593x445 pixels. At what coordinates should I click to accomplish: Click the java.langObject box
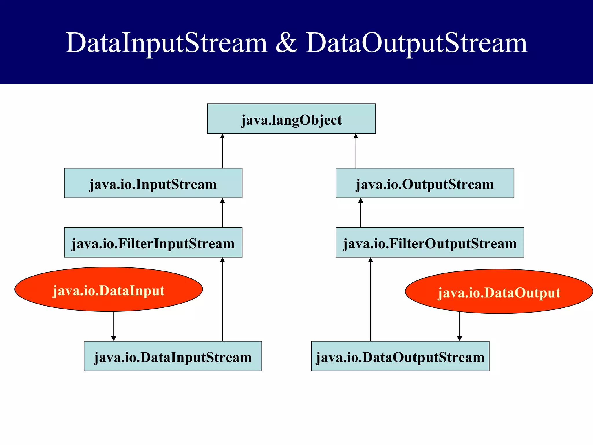(291, 119)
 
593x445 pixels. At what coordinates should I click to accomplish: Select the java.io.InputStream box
(153, 183)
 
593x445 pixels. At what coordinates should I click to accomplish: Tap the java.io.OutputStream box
(425, 183)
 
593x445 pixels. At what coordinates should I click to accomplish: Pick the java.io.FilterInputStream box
(153, 242)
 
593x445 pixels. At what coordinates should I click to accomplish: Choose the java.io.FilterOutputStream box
(430, 242)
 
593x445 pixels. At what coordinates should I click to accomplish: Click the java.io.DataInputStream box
(173, 356)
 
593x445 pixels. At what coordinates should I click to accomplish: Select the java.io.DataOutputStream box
(400, 356)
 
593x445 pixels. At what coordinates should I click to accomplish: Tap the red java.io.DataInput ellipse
(109, 289)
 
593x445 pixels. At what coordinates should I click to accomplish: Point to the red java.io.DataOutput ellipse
(499, 291)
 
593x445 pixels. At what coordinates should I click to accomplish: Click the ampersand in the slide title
(286, 43)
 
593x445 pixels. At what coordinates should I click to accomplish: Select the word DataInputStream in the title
(166, 43)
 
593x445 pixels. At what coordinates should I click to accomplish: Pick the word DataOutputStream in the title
(416, 43)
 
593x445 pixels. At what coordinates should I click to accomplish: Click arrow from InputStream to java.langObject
(222, 151)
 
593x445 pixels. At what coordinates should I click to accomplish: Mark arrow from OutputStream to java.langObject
(356, 151)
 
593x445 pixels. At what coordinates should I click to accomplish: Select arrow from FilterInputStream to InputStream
(222, 213)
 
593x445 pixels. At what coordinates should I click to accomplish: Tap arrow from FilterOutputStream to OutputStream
(361, 213)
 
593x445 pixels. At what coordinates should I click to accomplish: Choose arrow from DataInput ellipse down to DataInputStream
(114, 326)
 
